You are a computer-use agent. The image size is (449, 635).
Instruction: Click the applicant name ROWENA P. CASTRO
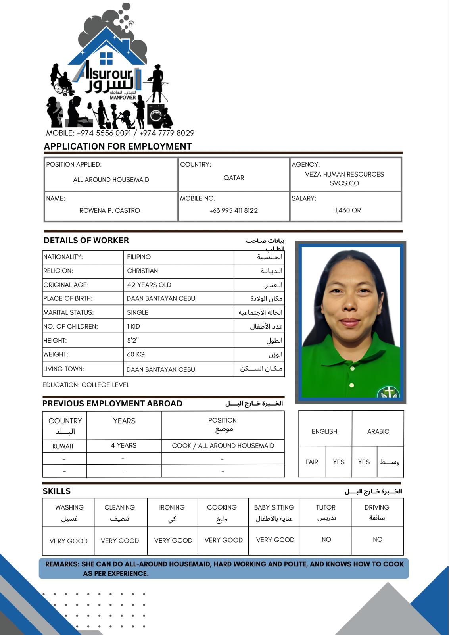coord(109,210)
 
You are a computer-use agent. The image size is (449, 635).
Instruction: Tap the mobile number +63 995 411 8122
coord(234,210)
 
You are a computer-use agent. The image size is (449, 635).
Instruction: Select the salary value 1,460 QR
coord(348,210)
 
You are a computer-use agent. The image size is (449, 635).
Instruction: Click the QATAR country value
coord(234,178)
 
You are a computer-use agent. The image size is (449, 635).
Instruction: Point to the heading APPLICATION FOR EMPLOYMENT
coord(118,146)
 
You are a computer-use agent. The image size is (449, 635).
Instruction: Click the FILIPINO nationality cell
coord(139,257)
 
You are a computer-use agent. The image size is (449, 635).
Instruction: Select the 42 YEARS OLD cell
coord(149,285)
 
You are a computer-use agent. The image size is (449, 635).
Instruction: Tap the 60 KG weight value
coord(136,354)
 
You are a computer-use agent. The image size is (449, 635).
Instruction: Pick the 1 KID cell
coord(133,326)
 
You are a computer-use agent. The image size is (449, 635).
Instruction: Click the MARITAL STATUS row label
coord(69,312)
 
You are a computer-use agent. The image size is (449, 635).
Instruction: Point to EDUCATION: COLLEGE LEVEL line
coord(86,385)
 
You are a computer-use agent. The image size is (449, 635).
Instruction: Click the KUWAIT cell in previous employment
coord(63,446)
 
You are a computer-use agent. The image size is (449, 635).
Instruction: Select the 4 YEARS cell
coord(123,445)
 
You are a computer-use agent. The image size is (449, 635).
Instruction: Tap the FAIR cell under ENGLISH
coord(312,462)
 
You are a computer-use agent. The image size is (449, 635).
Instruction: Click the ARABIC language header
coord(378,431)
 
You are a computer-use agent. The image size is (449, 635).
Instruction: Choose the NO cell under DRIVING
coord(377,539)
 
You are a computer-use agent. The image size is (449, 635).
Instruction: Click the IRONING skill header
coord(172,507)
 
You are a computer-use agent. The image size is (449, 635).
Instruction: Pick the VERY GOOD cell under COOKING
coord(223,540)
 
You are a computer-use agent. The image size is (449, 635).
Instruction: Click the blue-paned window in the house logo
coord(106,58)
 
